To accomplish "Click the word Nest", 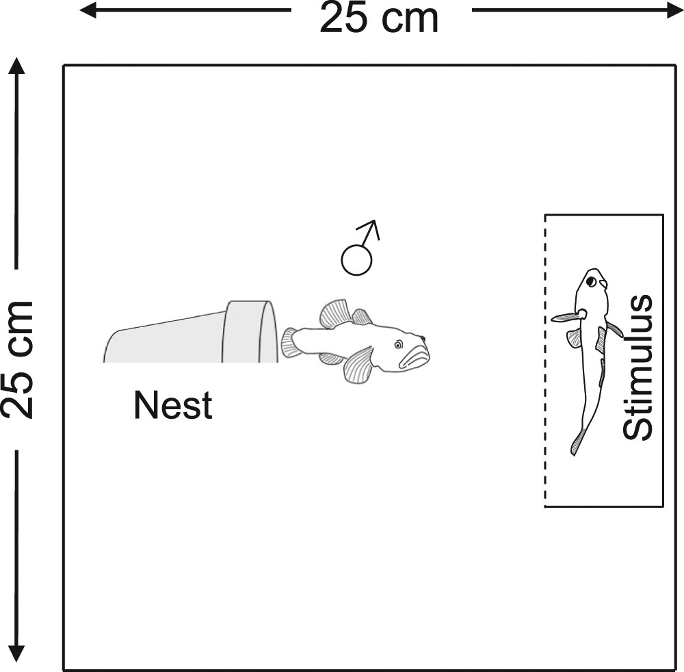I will (173, 405).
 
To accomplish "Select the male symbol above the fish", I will (358, 249).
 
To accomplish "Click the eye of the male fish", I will (398, 346).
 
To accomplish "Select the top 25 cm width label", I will (379, 18).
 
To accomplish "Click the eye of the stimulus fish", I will (589, 281).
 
